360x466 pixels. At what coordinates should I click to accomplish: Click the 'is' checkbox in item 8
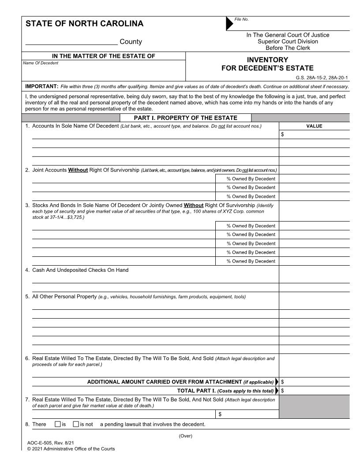click(x=58, y=425)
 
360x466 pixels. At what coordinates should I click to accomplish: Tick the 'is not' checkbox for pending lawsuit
click(x=76, y=425)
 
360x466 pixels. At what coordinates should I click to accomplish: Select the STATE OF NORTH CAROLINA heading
click(x=84, y=24)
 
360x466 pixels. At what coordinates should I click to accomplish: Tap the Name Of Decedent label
click(x=40, y=63)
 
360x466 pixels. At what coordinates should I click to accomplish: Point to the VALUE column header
click(x=314, y=126)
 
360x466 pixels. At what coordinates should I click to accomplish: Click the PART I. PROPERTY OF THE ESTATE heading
click(x=185, y=118)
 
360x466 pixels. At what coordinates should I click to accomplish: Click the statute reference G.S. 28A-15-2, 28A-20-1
click(x=322, y=78)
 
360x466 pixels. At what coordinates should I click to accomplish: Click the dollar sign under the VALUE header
click(x=282, y=135)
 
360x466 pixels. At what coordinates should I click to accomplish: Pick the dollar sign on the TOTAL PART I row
click(x=282, y=391)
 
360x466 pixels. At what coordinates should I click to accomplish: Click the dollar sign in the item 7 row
click(x=220, y=414)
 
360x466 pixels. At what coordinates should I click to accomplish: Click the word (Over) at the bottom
click(x=185, y=436)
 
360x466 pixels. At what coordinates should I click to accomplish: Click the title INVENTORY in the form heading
click(x=267, y=60)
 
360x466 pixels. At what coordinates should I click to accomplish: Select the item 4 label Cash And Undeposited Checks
click(x=80, y=270)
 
